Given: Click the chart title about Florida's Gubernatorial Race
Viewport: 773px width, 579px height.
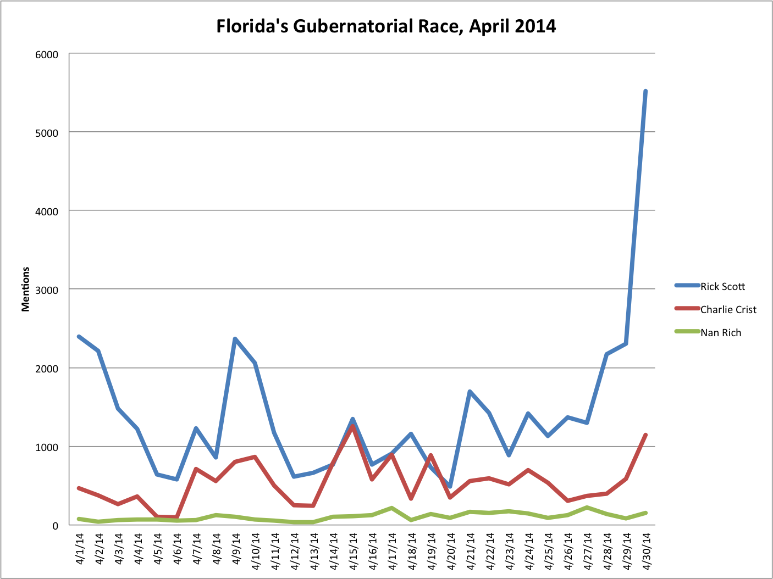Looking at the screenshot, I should pyautogui.click(x=386, y=26).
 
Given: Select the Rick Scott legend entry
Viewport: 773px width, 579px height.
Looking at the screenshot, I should pyautogui.click(x=722, y=286).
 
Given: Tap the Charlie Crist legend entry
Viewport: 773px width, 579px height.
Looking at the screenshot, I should pyautogui.click(x=728, y=310).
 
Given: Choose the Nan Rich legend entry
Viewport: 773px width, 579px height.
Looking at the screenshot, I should pyautogui.click(x=720, y=333).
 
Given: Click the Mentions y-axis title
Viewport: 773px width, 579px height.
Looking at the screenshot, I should pyautogui.click(x=26, y=289).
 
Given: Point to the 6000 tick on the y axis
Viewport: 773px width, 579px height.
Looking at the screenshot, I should pyautogui.click(x=48, y=54).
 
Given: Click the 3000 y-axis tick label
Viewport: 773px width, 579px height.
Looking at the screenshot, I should pyautogui.click(x=48, y=289).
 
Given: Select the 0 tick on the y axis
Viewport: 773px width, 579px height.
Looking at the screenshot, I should pyautogui.click(x=55, y=526).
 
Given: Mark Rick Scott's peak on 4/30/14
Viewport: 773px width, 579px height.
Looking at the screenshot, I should pyautogui.click(x=645, y=91).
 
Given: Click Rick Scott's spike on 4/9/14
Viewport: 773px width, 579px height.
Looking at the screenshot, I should pyautogui.click(x=235, y=339).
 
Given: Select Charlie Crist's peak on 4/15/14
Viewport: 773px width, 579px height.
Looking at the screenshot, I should pyautogui.click(x=352, y=426).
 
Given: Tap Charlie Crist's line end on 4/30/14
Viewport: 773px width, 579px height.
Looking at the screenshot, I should pyautogui.click(x=645, y=435).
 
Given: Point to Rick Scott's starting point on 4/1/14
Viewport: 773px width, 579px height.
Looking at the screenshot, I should pyautogui.click(x=79, y=337).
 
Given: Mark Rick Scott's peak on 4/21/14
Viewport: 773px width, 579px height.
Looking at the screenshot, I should pyautogui.click(x=470, y=392).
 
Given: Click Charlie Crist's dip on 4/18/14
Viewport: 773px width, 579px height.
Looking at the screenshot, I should pyautogui.click(x=411, y=498).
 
